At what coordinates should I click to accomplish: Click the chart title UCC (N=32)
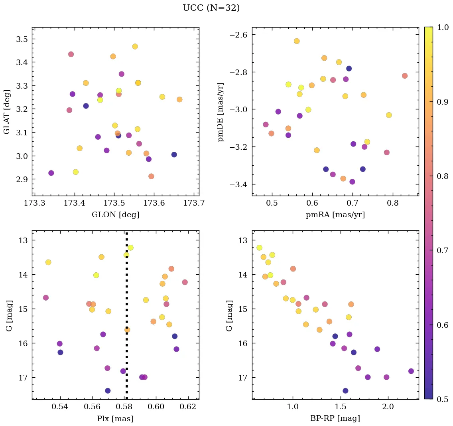(211, 8)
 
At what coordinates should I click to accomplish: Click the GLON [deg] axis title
(115, 215)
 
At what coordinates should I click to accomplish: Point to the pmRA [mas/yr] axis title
(335, 215)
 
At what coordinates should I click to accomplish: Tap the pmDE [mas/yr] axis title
(221, 112)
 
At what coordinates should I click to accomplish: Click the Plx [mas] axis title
(115, 419)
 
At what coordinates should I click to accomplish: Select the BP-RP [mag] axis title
(335, 419)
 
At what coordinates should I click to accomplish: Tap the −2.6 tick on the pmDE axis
(238, 35)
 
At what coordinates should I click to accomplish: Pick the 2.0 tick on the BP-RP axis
(388, 408)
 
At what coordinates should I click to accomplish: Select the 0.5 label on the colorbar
(441, 399)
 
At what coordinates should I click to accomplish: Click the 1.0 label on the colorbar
(441, 27)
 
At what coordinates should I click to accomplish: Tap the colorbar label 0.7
(441, 250)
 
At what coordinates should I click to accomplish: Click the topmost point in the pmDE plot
(297, 41)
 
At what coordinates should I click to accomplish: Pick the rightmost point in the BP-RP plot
(411, 371)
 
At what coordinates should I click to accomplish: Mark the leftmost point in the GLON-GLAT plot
(51, 173)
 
